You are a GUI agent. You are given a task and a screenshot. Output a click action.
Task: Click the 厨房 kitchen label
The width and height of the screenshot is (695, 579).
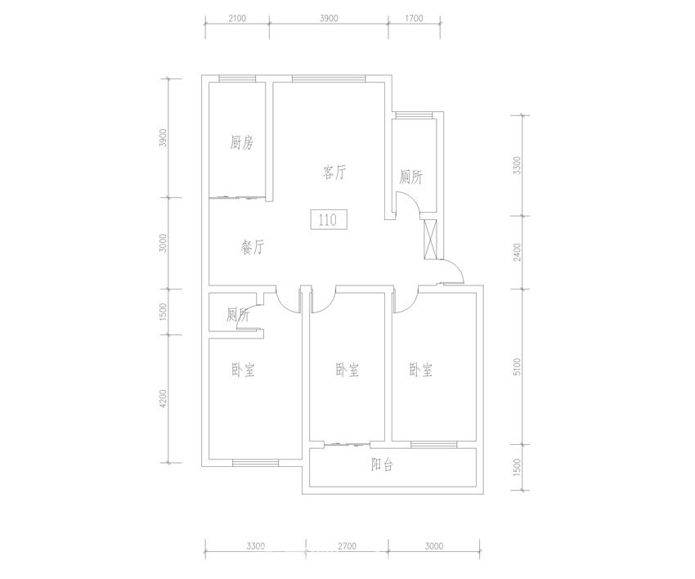pos(241,143)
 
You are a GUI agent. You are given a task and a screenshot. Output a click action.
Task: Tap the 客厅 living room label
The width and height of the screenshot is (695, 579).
pos(334,172)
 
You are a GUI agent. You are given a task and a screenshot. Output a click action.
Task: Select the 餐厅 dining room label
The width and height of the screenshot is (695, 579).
pos(252,247)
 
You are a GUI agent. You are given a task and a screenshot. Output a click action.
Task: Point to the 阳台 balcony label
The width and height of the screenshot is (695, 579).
pos(382,465)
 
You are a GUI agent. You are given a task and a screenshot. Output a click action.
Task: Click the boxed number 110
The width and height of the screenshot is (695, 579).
pos(328,219)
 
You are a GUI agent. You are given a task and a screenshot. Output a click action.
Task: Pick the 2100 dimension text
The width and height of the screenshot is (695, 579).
pos(237,18)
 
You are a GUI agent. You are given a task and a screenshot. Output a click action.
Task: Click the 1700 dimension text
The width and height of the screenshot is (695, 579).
pos(414,18)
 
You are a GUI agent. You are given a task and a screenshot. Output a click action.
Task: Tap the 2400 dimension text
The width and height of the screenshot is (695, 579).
pos(517,252)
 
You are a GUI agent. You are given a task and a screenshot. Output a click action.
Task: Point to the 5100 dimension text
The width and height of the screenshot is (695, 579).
pos(517,367)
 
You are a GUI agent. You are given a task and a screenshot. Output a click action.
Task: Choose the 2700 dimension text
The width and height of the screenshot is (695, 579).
pos(347,546)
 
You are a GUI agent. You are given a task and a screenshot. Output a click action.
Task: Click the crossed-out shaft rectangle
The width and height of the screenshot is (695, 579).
pos(431,240)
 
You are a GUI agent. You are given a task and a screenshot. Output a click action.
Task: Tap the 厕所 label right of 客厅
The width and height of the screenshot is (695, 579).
pos(411,177)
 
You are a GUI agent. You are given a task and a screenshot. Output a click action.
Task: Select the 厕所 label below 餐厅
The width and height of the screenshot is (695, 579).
pos(238,315)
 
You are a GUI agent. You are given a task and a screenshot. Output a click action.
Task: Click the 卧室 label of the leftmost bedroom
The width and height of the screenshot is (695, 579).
pos(244,370)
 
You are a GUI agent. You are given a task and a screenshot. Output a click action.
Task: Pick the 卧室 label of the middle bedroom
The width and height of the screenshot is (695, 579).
pos(347,370)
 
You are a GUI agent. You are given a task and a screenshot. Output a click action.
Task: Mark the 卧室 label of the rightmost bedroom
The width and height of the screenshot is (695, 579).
pos(420,370)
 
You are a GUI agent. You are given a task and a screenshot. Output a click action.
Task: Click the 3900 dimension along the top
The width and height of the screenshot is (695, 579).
pos(329,18)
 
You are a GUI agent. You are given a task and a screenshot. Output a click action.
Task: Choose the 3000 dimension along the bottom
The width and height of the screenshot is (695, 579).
pos(434,546)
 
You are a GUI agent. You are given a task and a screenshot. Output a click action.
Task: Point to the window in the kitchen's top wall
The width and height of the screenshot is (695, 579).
pos(237,79)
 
